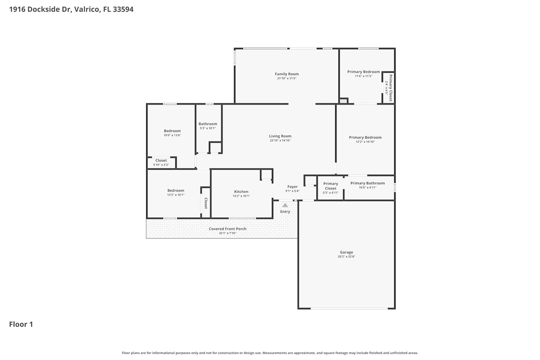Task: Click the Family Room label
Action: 287,74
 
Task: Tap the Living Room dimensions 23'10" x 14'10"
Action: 280,140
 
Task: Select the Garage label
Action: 346,252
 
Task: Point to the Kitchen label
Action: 241,192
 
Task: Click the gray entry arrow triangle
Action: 285,205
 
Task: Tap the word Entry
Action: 285,212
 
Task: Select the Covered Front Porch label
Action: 228,229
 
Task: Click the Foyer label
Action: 292,187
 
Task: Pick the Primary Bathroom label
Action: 368,183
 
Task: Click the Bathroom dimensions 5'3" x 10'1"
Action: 208,128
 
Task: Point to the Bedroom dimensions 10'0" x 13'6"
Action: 172,135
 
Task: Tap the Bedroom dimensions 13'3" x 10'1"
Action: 176,195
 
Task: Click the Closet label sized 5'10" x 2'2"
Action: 161,161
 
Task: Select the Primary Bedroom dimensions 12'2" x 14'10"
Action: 365,142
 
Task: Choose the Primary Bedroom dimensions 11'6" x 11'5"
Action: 364,76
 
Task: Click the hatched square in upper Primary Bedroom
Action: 343,101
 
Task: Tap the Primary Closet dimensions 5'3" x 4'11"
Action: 330,193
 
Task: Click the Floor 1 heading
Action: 21,324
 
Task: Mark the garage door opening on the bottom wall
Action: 349,309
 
